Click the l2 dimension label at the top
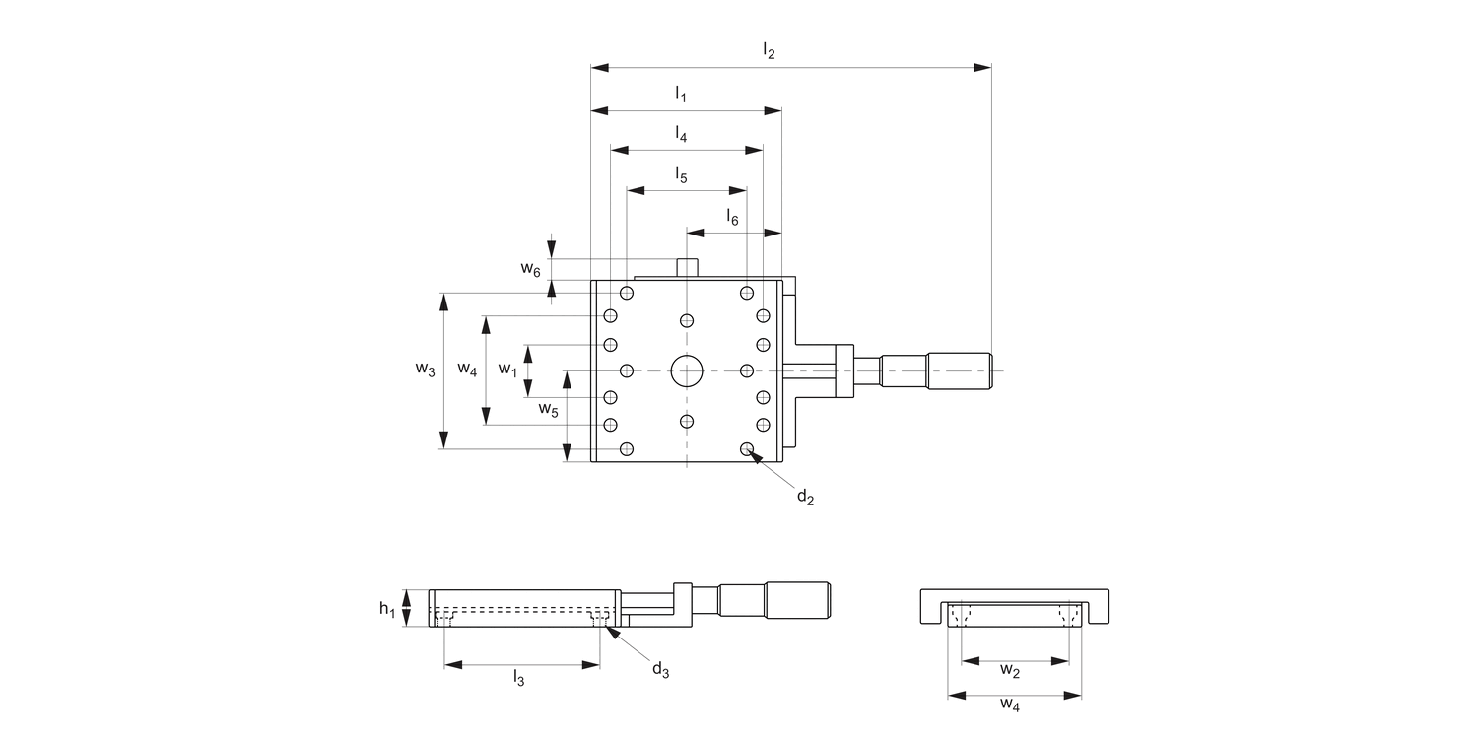(770, 51)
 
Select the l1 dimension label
(681, 94)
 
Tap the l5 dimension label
(681, 175)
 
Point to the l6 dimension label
(732, 217)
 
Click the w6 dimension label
(531, 269)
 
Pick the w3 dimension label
(425, 369)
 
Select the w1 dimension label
(507, 369)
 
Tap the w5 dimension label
(549, 408)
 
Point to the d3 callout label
(660, 670)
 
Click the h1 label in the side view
(388, 608)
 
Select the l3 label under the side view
(518, 677)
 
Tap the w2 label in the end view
(1010, 671)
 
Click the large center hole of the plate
(687, 370)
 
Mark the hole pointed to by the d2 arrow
(747, 449)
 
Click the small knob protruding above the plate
(687, 266)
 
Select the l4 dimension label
(681, 133)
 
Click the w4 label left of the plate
(468, 369)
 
